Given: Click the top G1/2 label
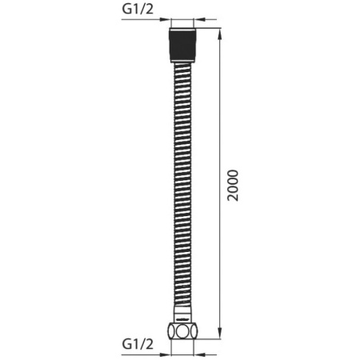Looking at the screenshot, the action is click(x=138, y=10).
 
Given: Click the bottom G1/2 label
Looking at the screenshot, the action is click(x=138, y=344).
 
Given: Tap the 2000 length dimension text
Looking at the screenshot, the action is click(x=233, y=186).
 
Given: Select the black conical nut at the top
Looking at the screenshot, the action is click(x=182, y=45).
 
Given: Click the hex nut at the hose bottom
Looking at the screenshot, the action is click(x=182, y=330).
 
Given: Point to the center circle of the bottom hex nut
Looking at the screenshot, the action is click(x=182, y=331).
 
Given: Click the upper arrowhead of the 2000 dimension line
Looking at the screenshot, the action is click(x=220, y=34).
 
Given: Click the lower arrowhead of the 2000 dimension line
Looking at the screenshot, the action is click(x=220, y=334).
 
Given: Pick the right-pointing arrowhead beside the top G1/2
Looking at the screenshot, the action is click(x=165, y=19).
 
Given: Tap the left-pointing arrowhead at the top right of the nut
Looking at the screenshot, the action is click(x=199, y=19).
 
